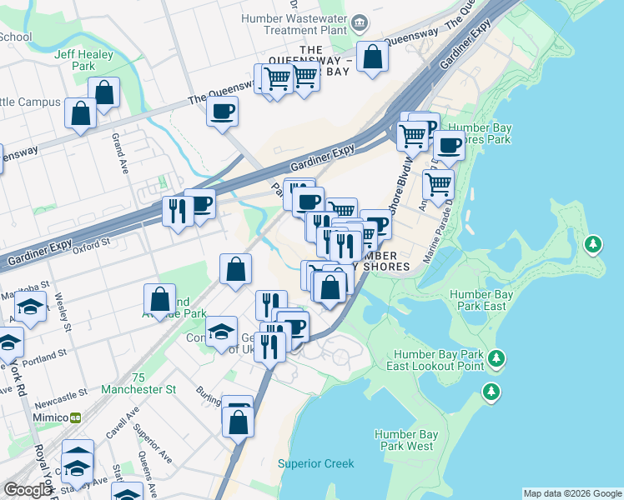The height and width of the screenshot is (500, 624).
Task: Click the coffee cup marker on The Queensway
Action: tap(222, 112)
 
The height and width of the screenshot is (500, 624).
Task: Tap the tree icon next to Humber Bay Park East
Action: tap(592, 244)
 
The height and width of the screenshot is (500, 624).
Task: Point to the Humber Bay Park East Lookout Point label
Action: tap(439, 360)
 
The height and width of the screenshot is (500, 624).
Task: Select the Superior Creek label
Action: tap(315, 464)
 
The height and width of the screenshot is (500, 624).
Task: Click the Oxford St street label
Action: tap(91, 245)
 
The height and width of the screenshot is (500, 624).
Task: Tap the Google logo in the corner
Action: tap(28, 490)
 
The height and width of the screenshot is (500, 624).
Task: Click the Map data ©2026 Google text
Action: tap(571, 493)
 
